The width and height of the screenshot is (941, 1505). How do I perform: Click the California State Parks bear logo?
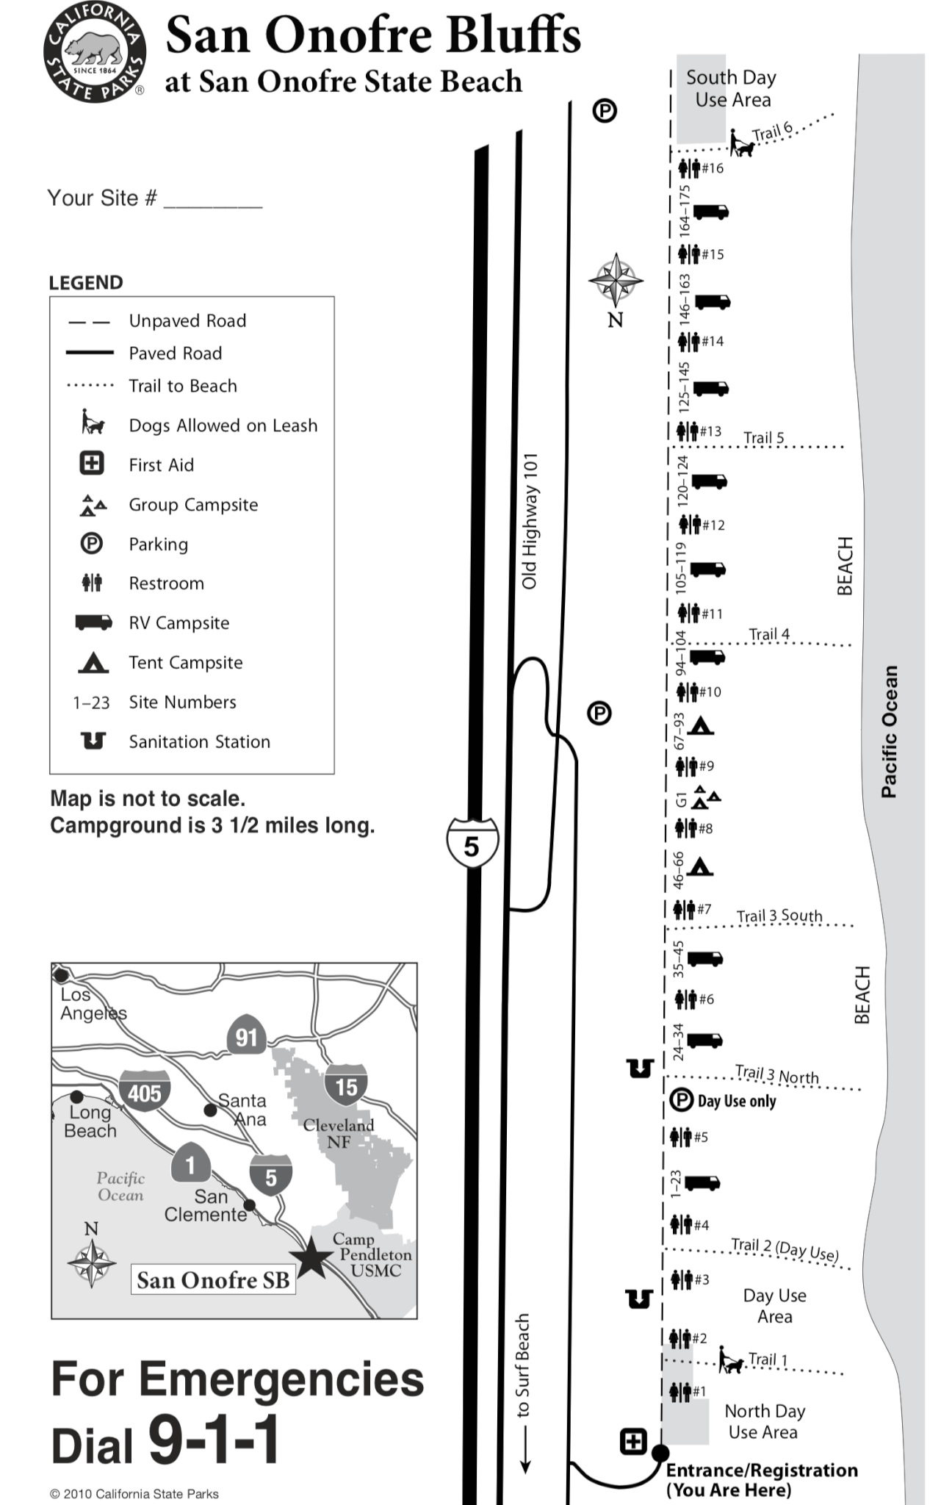94,53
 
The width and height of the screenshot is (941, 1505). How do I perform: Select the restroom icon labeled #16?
688,168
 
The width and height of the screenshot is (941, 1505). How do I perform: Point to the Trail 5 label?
764,438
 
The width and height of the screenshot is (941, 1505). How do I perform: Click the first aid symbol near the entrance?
633,1441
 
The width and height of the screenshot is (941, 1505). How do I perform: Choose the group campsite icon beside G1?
707,797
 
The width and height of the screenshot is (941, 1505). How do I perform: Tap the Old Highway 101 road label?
530,521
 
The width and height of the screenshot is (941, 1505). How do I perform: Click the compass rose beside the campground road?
616,280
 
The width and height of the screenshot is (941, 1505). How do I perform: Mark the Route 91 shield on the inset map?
246,1036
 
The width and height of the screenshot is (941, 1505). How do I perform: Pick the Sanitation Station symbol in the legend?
93,741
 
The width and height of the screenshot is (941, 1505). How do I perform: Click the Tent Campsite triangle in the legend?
93,662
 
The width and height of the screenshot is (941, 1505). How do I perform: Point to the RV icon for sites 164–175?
711,212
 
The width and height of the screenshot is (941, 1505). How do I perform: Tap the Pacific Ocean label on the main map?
889,732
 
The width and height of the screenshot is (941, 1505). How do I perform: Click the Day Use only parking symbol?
682,1100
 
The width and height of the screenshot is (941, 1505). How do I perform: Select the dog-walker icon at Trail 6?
741,143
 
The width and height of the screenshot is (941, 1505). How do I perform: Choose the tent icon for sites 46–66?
701,866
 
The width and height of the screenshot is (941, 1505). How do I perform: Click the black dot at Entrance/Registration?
660,1453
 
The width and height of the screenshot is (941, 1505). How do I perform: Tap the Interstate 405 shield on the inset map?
145,1092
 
